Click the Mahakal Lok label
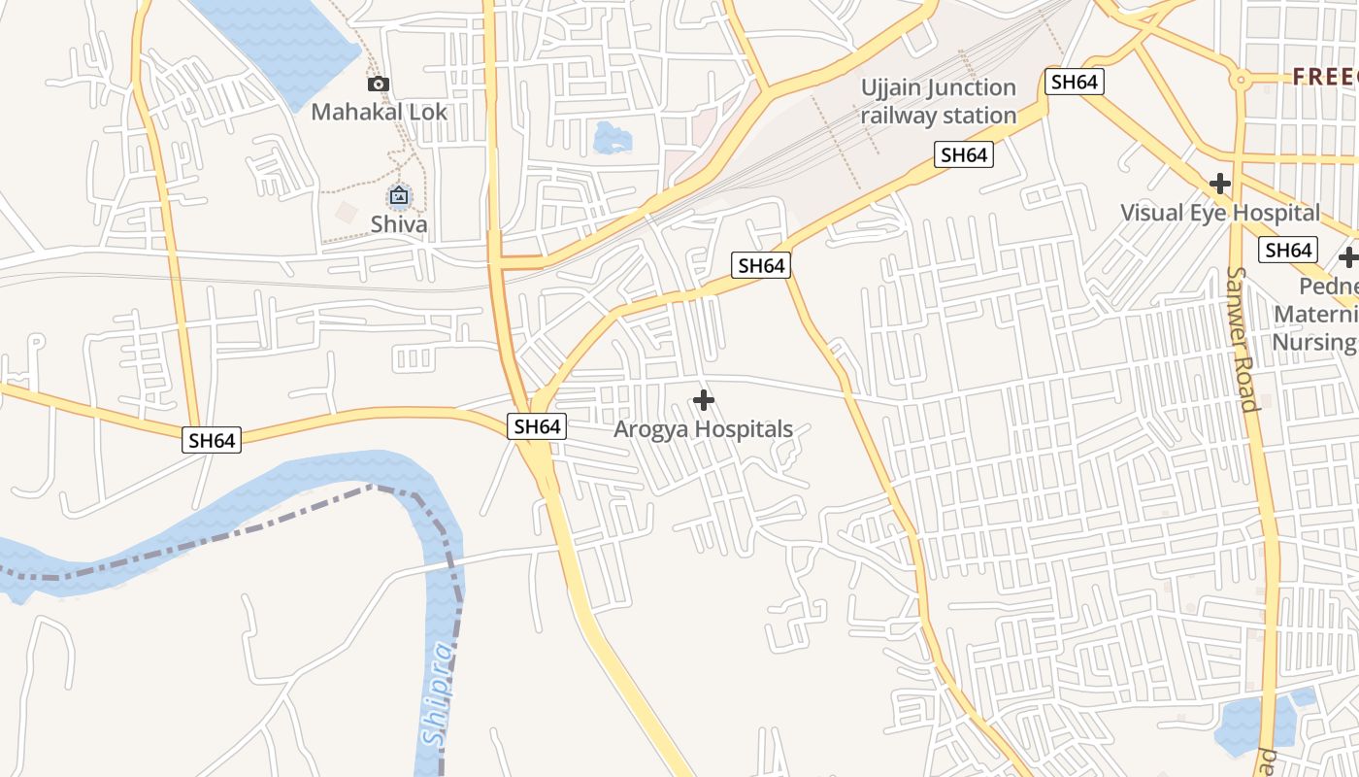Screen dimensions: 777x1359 point(379,112)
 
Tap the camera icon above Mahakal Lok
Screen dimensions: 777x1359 point(379,84)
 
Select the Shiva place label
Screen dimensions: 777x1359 point(399,224)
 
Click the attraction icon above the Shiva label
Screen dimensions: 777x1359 point(399,196)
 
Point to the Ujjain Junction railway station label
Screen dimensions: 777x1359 point(939,102)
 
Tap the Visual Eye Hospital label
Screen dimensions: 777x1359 point(1220,213)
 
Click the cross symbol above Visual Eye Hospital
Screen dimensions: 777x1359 point(1220,184)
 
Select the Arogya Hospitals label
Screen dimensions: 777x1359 point(704,429)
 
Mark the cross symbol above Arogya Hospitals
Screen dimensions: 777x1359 point(704,400)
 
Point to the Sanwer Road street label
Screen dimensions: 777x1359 point(1242,339)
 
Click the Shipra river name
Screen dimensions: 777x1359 point(440,694)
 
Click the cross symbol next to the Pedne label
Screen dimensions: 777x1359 point(1348,258)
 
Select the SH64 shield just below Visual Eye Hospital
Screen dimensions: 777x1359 point(1288,251)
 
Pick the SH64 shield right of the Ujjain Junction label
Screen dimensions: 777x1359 point(1074,82)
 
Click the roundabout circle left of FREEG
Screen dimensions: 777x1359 point(1239,80)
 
